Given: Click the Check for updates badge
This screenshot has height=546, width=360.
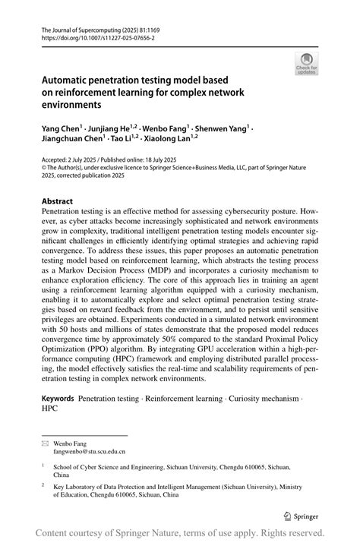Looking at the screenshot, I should tap(307, 64).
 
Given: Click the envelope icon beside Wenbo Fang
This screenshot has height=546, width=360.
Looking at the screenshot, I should tap(46, 441).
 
